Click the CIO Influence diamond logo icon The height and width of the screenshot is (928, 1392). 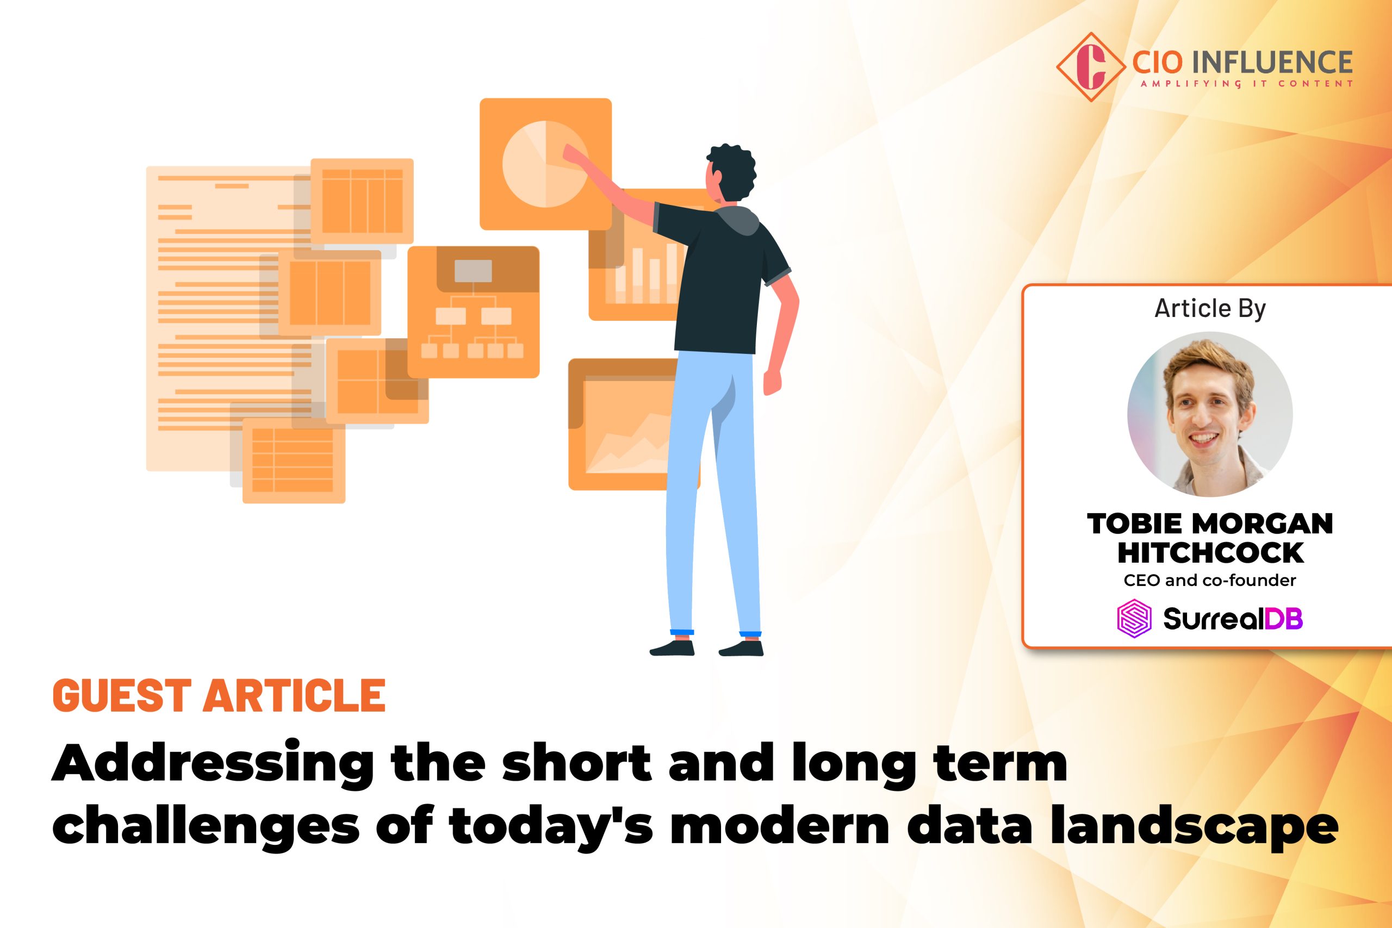1091,67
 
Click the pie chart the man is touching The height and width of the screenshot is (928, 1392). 544,164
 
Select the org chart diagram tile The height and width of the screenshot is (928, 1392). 473,312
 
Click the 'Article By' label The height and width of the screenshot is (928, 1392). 1210,309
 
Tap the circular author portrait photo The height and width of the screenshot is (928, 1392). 1210,414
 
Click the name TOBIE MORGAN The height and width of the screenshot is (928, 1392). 1210,524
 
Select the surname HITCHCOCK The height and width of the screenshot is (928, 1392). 1210,553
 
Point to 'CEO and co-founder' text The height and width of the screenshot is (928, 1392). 1210,581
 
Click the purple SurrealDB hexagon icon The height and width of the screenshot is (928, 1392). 1134,619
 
